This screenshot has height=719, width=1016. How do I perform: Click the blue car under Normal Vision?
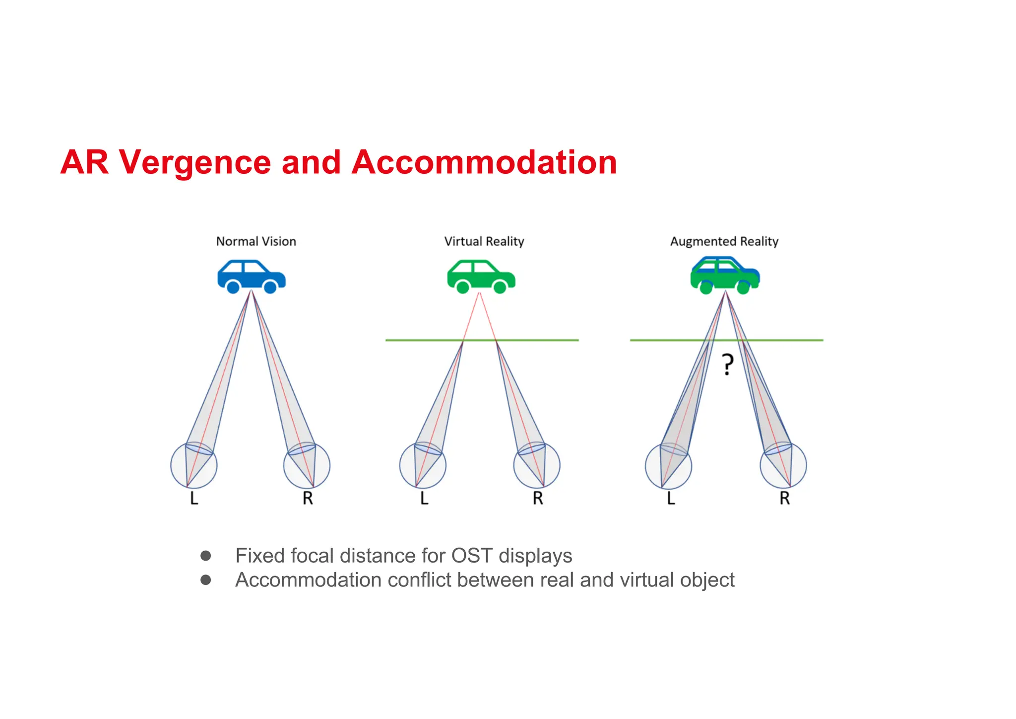tap(251, 276)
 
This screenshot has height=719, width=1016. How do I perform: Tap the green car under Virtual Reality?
tap(481, 276)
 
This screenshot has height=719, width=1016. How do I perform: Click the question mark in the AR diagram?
tap(727, 364)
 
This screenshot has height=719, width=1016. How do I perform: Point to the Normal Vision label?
tap(256, 241)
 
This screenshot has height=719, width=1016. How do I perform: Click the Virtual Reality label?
tap(484, 241)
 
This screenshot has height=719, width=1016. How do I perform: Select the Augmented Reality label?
tap(724, 241)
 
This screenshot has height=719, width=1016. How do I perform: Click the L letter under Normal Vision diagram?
tap(194, 498)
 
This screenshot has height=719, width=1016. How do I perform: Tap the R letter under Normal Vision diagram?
tap(308, 498)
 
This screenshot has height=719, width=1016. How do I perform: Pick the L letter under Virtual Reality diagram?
tap(424, 498)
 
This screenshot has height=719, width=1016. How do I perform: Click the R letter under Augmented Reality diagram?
tap(784, 498)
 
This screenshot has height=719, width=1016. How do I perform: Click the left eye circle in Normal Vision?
tap(193, 466)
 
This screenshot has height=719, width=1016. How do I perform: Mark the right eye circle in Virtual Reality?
tap(537, 466)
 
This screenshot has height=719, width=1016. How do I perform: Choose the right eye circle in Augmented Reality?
tap(783, 466)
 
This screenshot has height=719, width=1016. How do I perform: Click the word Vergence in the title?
tap(194, 162)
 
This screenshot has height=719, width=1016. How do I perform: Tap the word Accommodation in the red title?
tap(484, 162)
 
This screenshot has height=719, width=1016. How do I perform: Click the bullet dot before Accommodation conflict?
tap(206, 579)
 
